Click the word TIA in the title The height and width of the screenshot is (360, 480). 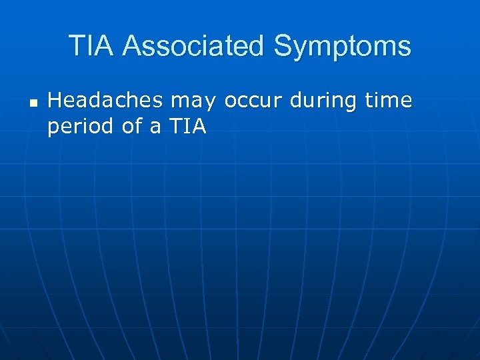coord(93,46)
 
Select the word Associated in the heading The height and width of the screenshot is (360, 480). coord(195,46)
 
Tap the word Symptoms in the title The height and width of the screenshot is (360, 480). coord(343,47)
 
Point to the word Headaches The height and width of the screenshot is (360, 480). coord(105,101)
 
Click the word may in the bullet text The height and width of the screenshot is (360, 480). coord(193,102)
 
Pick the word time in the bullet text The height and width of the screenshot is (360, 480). coord(389,101)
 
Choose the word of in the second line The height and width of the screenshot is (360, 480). coord(131,126)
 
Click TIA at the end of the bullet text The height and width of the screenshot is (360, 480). coord(189,126)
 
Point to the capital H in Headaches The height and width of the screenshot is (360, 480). coord(54,101)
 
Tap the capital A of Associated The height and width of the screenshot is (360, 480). coord(131,46)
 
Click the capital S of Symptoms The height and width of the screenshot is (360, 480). coord(283,46)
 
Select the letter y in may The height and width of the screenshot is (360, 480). coord(211,103)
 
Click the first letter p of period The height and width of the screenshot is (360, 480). coord(53,129)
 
